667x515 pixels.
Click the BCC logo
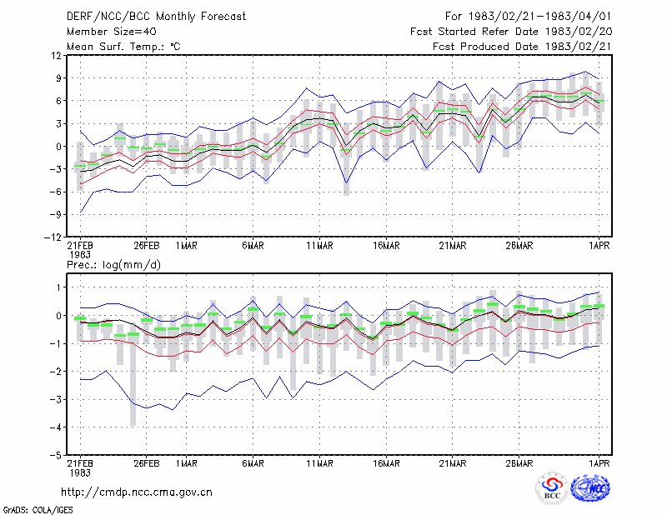552,488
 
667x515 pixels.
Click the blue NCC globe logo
590,488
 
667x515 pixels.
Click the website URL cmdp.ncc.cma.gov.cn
137,492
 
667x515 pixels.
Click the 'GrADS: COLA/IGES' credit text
38,510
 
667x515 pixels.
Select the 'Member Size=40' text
112,32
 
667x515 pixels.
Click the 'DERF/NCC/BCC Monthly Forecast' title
156,17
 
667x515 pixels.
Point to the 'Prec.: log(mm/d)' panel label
113,265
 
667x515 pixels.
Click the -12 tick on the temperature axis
53,237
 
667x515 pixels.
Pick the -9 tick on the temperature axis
55,215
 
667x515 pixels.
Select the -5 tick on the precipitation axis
55,455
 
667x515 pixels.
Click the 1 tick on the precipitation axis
58,287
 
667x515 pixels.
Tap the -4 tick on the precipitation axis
55,427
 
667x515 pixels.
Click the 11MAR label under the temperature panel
320,246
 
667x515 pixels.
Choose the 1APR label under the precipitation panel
599,463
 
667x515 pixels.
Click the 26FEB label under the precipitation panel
147,463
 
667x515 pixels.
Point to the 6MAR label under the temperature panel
253,246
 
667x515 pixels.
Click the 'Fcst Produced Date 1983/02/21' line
522,47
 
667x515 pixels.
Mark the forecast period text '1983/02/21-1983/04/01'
539,17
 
